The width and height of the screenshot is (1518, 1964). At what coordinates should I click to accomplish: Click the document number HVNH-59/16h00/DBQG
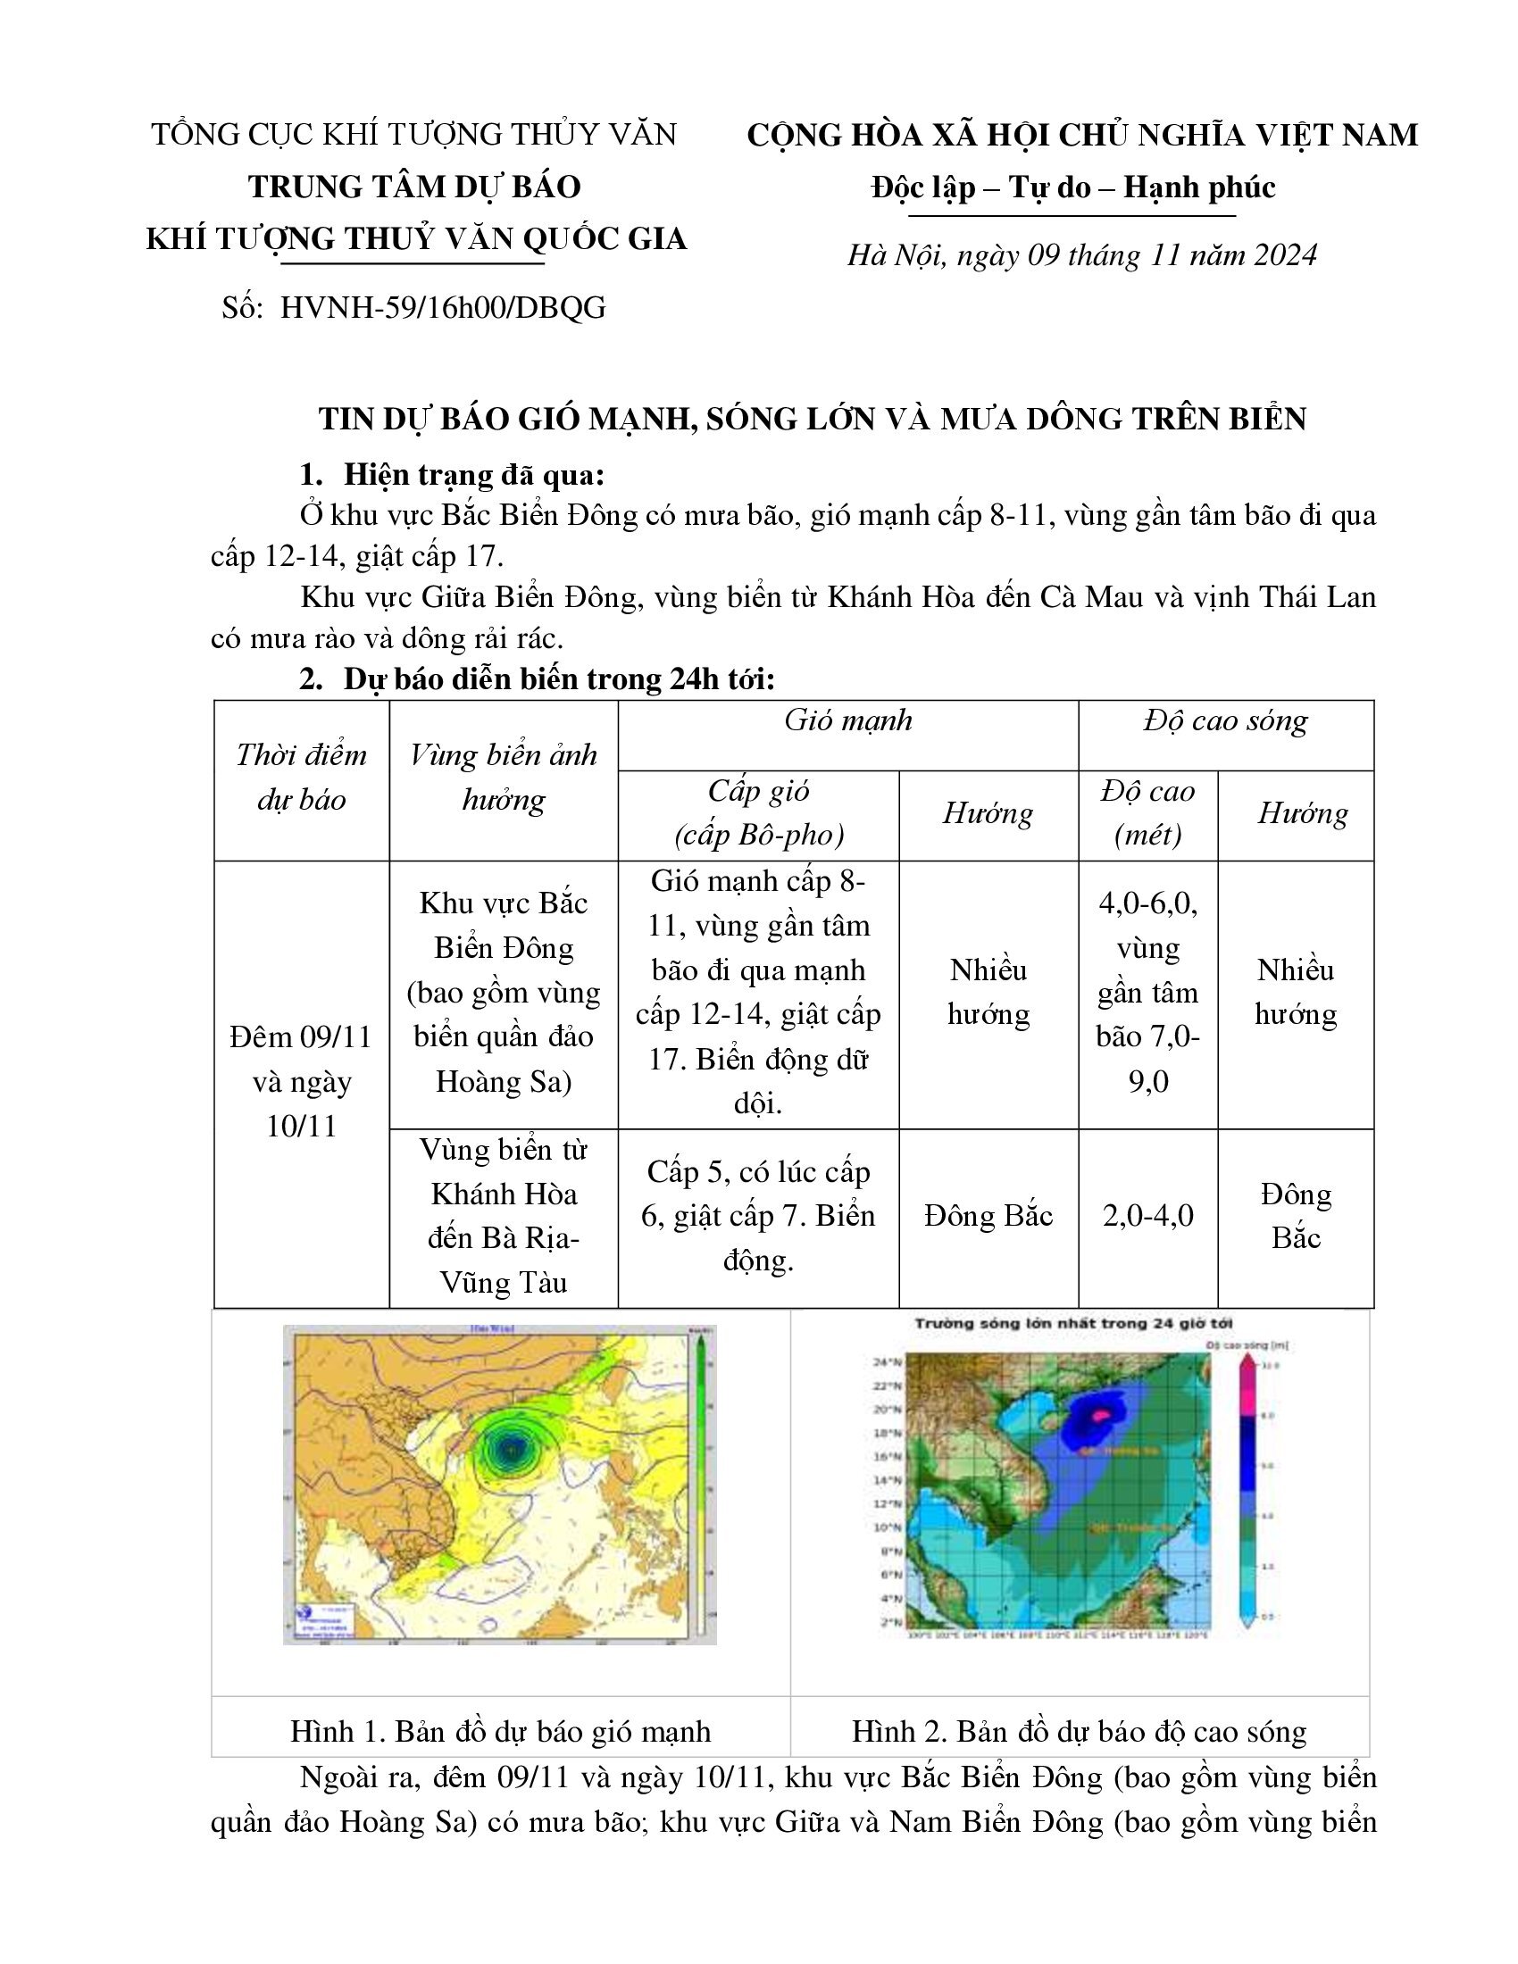442,308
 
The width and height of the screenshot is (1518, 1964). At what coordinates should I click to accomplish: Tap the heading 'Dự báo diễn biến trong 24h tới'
558,679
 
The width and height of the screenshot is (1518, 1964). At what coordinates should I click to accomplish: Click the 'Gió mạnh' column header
847,720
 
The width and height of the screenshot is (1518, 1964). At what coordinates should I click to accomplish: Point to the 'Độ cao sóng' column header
1225,720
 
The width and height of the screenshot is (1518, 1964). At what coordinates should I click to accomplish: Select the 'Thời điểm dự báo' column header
301,777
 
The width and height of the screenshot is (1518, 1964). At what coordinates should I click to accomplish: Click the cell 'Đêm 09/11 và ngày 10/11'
301,1081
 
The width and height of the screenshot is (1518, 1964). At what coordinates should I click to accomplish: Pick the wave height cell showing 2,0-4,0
1147,1216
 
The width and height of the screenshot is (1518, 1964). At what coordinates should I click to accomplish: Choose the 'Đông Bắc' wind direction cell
988,1216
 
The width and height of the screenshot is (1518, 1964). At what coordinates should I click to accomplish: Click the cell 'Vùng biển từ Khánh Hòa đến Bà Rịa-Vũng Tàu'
503,1216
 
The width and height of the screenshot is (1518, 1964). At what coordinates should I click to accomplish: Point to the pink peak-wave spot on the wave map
1100,1415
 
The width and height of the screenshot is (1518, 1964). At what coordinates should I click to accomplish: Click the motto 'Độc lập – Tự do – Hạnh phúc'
1072,188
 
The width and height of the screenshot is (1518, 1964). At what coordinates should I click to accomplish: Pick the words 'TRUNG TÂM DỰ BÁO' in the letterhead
414,187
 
